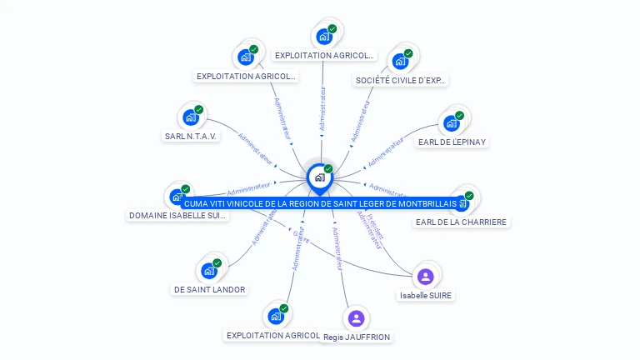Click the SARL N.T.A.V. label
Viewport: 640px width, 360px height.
tap(192, 136)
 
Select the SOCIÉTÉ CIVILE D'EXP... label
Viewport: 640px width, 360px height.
tap(402, 81)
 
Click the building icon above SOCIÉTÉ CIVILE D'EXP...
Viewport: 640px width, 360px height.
tap(401, 61)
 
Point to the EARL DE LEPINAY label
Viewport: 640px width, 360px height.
tap(452, 142)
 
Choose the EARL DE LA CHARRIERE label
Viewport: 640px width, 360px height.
tap(462, 222)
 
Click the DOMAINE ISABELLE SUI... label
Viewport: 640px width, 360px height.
tap(177, 215)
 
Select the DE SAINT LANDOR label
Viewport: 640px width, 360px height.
tap(209, 289)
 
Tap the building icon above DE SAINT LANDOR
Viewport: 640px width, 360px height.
tap(208, 270)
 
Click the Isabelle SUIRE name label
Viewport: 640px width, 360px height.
tap(426, 295)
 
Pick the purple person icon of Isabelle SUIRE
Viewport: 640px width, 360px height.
tap(426, 276)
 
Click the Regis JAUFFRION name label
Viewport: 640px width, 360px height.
tap(357, 337)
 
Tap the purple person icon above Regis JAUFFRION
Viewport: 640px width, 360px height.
tap(356, 317)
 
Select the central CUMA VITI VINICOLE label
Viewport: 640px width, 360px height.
tap(320, 203)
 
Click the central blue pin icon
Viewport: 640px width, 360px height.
tap(319, 177)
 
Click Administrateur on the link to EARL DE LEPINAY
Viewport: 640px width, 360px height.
tap(386, 149)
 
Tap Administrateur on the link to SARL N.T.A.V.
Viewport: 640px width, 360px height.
tap(255, 147)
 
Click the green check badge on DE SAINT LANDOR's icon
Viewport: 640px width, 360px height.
tap(217, 262)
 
